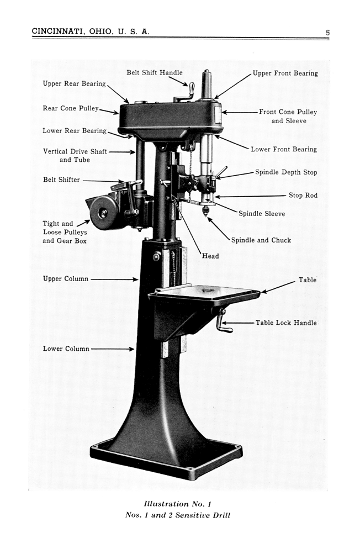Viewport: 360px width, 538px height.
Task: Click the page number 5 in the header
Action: click(x=327, y=33)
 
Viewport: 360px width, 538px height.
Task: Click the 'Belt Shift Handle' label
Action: click(x=155, y=72)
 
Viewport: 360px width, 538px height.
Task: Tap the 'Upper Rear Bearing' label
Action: click(x=74, y=84)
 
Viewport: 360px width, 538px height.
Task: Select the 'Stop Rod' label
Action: click(x=303, y=195)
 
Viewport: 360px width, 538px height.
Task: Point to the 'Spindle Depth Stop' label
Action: click(x=286, y=172)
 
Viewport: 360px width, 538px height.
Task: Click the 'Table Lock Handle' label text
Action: click(x=286, y=323)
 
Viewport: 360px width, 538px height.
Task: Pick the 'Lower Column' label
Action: click(x=66, y=349)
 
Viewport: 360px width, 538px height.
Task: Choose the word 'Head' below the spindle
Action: click(x=210, y=256)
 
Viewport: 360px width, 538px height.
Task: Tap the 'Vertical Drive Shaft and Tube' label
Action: click(x=75, y=155)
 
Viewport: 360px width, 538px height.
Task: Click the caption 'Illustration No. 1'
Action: click(x=178, y=504)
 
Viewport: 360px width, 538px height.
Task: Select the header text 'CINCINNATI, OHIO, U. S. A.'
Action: click(x=91, y=31)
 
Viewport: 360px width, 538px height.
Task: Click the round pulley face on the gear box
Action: click(x=103, y=213)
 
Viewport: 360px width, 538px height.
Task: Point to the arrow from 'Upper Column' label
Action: click(x=114, y=279)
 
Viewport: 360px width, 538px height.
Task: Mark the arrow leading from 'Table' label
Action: click(x=278, y=287)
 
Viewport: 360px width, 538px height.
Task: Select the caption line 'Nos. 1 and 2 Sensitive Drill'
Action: click(x=178, y=515)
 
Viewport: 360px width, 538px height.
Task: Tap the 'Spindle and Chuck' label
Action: click(x=261, y=240)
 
